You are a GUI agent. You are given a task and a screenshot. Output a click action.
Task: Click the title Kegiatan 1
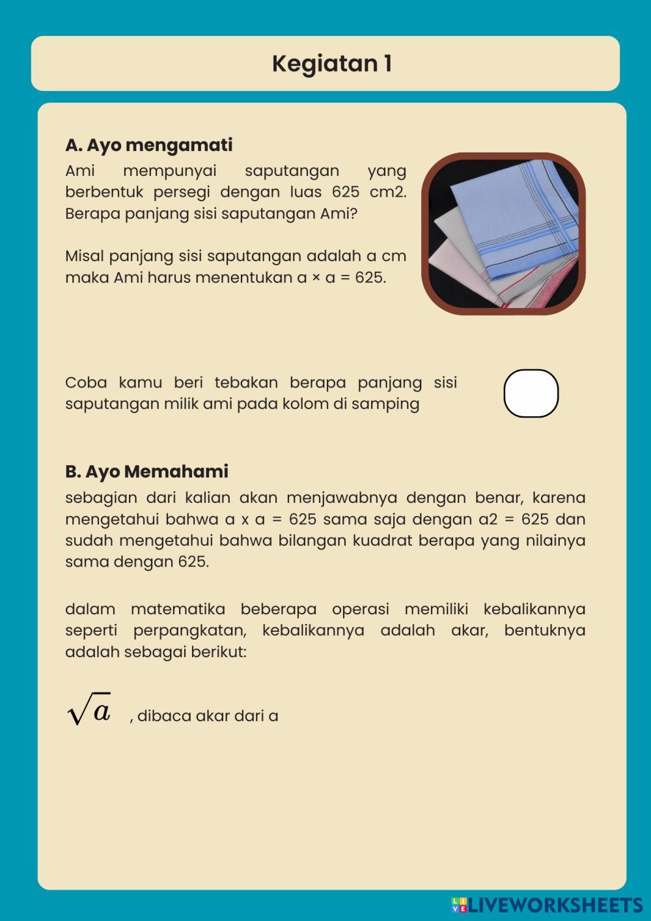(332, 64)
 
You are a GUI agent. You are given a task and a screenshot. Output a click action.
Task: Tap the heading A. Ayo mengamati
(148, 145)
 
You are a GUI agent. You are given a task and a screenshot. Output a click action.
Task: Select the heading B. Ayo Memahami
(146, 471)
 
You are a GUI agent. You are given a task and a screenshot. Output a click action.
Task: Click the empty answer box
(531, 393)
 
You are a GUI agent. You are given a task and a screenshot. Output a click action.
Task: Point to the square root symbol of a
(89, 710)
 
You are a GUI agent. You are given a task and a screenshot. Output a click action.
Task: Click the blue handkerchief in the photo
(514, 215)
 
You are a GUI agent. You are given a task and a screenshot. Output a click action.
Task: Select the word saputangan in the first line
(292, 171)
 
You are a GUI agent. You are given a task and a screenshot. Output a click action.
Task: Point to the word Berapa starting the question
(92, 214)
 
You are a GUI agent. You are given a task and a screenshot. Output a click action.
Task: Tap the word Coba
(85, 382)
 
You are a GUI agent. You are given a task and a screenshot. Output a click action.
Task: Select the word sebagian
(101, 498)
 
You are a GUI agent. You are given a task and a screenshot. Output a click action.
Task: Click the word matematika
(178, 609)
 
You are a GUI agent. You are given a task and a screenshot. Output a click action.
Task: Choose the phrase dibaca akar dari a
(208, 716)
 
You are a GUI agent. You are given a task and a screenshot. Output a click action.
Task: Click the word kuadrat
(381, 541)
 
